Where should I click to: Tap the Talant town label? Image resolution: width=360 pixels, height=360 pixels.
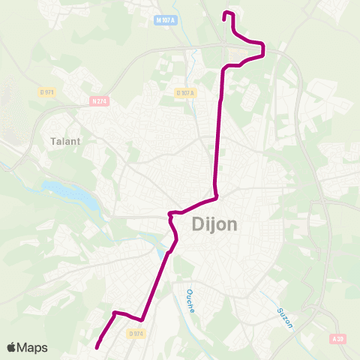pyautogui.click(x=64, y=140)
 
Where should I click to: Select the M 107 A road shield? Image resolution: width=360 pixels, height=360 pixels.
pyautogui.click(x=166, y=19)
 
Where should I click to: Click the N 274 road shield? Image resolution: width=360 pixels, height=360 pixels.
pyautogui.click(x=97, y=100)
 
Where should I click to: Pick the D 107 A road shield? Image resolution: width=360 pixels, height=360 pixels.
pyautogui.click(x=185, y=93)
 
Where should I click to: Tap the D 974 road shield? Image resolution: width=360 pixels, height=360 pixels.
pyautogui.click(x=135, y=333)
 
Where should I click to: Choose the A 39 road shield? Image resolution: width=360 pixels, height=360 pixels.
pyautogui.click(x=338, y=339)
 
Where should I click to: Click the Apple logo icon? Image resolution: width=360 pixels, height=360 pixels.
pyautogui.click(x=12, y=347)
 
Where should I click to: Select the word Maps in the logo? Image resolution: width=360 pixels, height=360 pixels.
pyautogui.click(x=32, y=347)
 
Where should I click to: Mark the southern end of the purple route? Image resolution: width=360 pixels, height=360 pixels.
pyautogui.click(x=97, y=346)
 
